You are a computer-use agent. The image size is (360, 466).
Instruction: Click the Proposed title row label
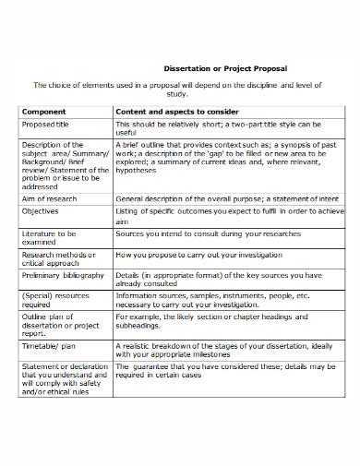[x=49, y=124]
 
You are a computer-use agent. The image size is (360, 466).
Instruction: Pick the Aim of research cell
[x=50, y=197]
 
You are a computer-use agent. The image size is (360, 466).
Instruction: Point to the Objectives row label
[x=42, y=211]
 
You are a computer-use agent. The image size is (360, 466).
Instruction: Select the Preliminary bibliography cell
[x=61, y=274]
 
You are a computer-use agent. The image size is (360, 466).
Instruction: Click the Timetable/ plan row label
[x=48, y=346]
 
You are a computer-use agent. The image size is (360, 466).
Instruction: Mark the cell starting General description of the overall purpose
[x=217, y=197]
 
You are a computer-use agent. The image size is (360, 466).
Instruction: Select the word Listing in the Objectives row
[x=132, y=211]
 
